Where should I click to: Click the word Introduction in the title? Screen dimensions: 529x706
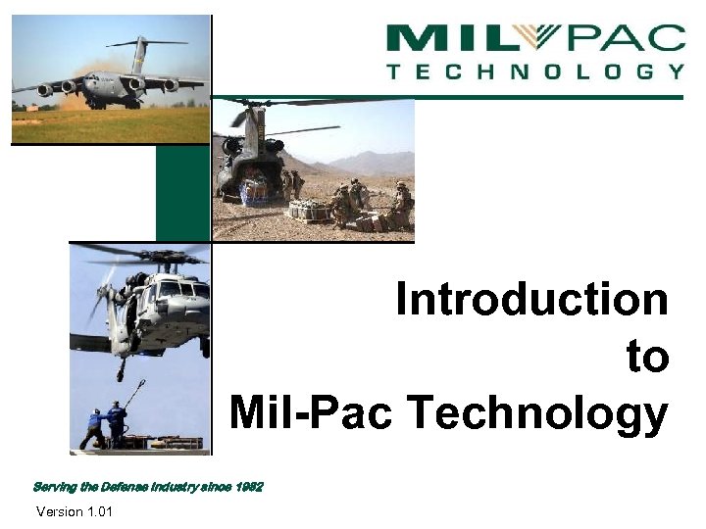click(x=532, y=300)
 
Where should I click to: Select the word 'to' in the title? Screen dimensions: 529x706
click(x=648, y=357)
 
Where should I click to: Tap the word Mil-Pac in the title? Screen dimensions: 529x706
click(x=313, y=412)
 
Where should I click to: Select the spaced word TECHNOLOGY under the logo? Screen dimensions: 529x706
click(x=535, y=72)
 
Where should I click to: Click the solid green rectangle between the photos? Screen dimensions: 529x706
click(x=182, y=193)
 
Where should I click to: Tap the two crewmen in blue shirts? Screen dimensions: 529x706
click(x=106, y=424)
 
